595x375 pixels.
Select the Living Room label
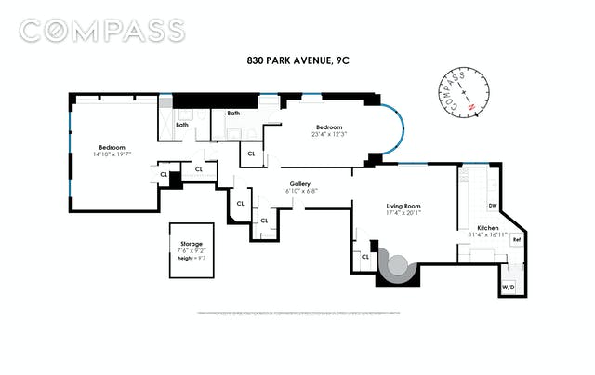click(x=404, y=205)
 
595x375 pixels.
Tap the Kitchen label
click(x=489, y=227)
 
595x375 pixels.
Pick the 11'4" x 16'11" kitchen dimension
click(x=489, y=234)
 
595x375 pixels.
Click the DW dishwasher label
click(x=493, y=205)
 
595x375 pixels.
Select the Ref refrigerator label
click(x=517, y=240)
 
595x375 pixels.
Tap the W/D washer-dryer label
click(x=508, y=288)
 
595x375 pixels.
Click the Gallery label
click(x=299, y=183)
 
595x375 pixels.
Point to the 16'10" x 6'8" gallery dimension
click(x=299, y=191)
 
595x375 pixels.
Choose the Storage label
click(x=191, y=244)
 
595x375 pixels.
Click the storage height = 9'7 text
click(x=191, y=258)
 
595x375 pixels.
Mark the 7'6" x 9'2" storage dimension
click(x=191, y=250)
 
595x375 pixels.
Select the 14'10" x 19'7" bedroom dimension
click(x=112, y=154)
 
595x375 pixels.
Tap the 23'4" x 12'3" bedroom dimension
click(x=329, y=134)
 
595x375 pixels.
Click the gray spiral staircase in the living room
click(x=399, y=270)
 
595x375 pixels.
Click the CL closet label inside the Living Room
click(x=365, y=256)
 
